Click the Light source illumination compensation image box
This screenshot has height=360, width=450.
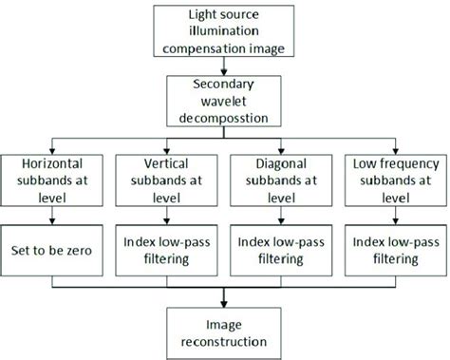pyautogui.click(x=225, y=30)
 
